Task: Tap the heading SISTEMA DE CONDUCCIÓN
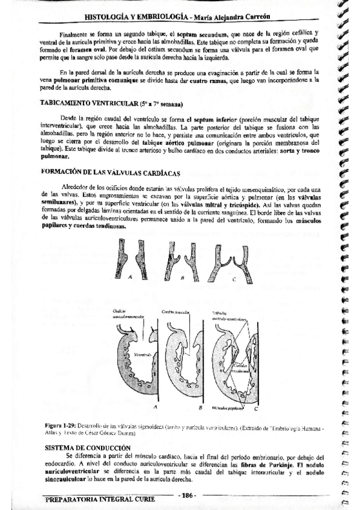88,448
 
